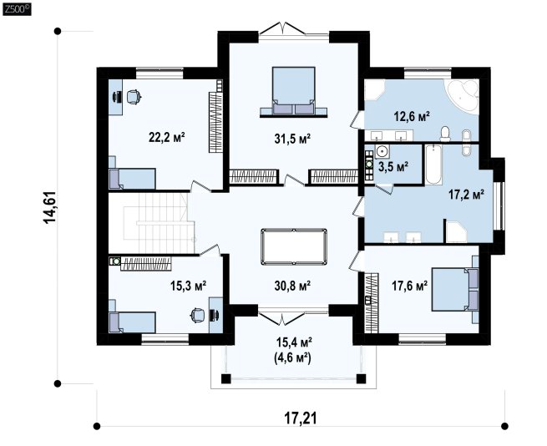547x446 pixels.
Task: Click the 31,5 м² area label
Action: pyautogui.click(x=292, y=139)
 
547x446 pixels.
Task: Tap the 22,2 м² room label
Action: pyautogui.click(x=166, y=137)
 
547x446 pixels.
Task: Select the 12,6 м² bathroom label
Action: pyautogui.click(x=412, y=116)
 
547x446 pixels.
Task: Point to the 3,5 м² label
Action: pyautogui.click(x=393, y=166)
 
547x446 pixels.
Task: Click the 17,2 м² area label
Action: pyautogui.click(x=466, y=194)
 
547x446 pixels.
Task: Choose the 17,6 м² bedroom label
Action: pyautogui.click(x=409, y=286)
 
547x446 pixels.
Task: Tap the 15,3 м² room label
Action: pyautogui.click(x=188, y=286)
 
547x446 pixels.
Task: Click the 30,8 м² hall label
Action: pyautogui.click(x=292, y=286)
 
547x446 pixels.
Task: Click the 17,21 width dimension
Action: pyautogui.click(x=301, y=418)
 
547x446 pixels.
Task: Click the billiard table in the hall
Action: pyautogui.click(x=294, y=246)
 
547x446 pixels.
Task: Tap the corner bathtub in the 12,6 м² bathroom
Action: pyautogui.click(x=461, y=96)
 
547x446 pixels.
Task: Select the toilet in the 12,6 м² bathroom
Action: pyautogui.click(x=445, y=134)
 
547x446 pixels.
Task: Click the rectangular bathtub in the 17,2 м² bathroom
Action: pyautogui.click(x=433, y=165)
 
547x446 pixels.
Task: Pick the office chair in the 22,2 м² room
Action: pyautogui.click(x=134, y=97)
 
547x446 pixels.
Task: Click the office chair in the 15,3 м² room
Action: pyautogui.click(x=197, y=315)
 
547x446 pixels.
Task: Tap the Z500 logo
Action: pyautogui.click(x=17, y=9)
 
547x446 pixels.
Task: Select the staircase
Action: pyautogui.click(x=159, y=223)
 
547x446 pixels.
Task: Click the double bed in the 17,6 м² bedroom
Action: pyautogui.click(x=455, y=289)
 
